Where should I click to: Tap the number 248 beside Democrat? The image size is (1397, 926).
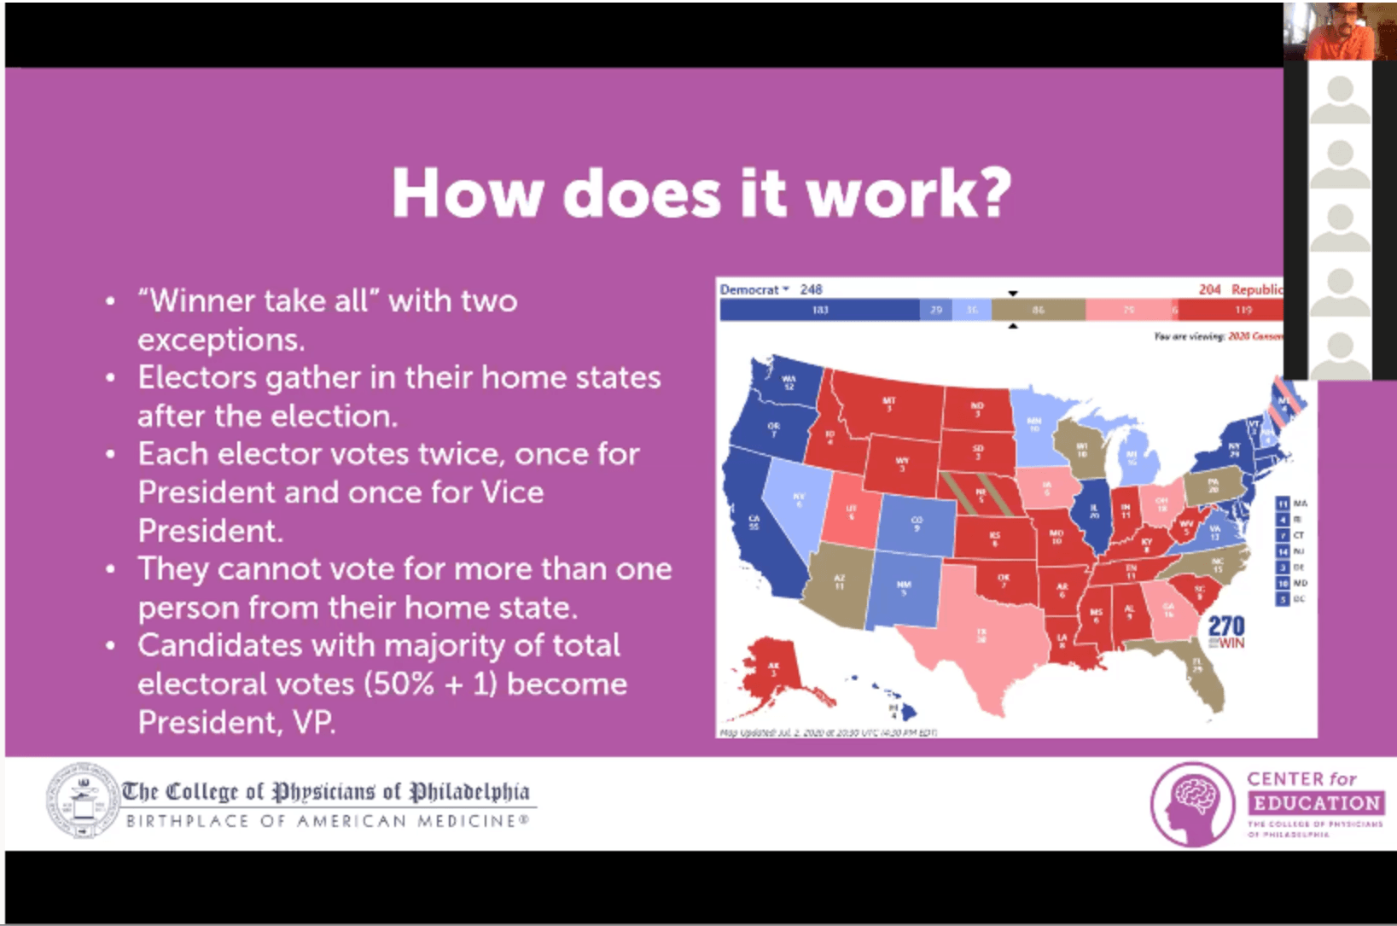tap(811, 289)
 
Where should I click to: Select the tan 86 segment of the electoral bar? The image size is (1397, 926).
tap(1038, 310)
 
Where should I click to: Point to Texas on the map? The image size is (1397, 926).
tap(981, 636)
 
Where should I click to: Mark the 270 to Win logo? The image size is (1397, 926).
tap(1226, 632)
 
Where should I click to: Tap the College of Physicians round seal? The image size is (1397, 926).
tap(82, 801)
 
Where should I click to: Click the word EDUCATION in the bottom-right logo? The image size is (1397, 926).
tap(1317, 803)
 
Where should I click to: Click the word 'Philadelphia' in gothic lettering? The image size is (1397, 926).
tap(469, 792)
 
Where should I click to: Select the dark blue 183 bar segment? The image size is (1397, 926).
tap(819, 310)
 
